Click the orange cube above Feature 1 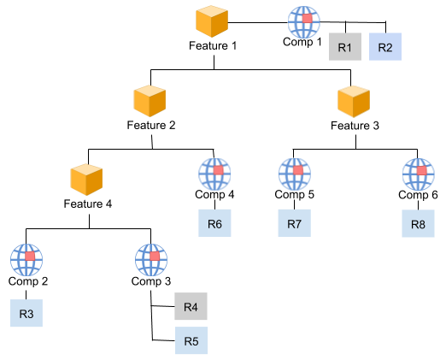pos(212,21)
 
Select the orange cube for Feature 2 pos(150,101)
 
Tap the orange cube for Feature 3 pos(354,102)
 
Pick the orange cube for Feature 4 pos(86,180)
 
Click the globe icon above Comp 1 pos(303,22)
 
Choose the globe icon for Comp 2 pos(26,260)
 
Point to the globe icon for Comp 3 pos(151,260)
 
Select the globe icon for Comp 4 pos(214,174)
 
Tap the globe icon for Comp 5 pos(295,174)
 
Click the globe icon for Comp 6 pos(419,174)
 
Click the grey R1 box pos(345,47)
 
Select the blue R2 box pos(385,47)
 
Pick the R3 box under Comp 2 pos(26,313)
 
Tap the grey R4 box pos(191,306)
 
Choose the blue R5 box pos(191,340)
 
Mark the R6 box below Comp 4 pos(214,223)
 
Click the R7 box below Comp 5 pos(295,223)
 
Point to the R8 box pos(418,223)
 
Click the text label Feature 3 pos(355,126)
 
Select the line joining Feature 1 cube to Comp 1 pos(258,22)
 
